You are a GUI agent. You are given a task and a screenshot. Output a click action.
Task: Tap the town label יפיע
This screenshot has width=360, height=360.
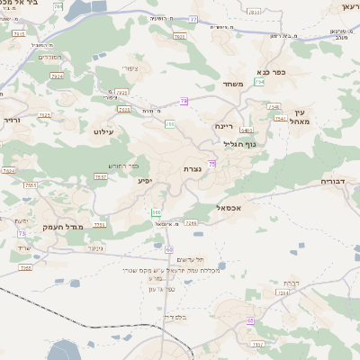tap(144, 181)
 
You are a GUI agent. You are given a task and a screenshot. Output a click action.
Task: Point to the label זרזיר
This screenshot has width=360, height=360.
tap(11, 119)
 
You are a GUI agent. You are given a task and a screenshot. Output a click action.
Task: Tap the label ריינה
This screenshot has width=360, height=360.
tap(223, 127)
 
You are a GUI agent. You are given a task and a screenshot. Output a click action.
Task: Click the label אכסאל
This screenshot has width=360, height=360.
tap(233, 207)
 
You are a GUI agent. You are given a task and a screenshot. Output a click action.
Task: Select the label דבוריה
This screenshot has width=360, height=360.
tap(338, 180)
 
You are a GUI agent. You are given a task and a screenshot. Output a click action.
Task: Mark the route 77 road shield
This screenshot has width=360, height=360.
tap(193, 18)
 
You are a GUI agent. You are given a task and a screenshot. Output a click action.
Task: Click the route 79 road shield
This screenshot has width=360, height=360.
tap(184, 102)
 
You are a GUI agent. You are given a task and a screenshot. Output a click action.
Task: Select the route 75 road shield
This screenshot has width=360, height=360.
tap(211, 163)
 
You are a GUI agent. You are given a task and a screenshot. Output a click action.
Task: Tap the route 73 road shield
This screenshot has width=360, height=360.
tap(21, 233)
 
